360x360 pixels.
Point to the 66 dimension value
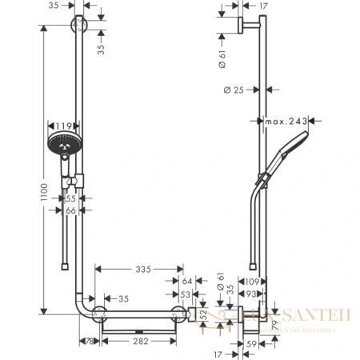pyautogui.click(x=70, y=210)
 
